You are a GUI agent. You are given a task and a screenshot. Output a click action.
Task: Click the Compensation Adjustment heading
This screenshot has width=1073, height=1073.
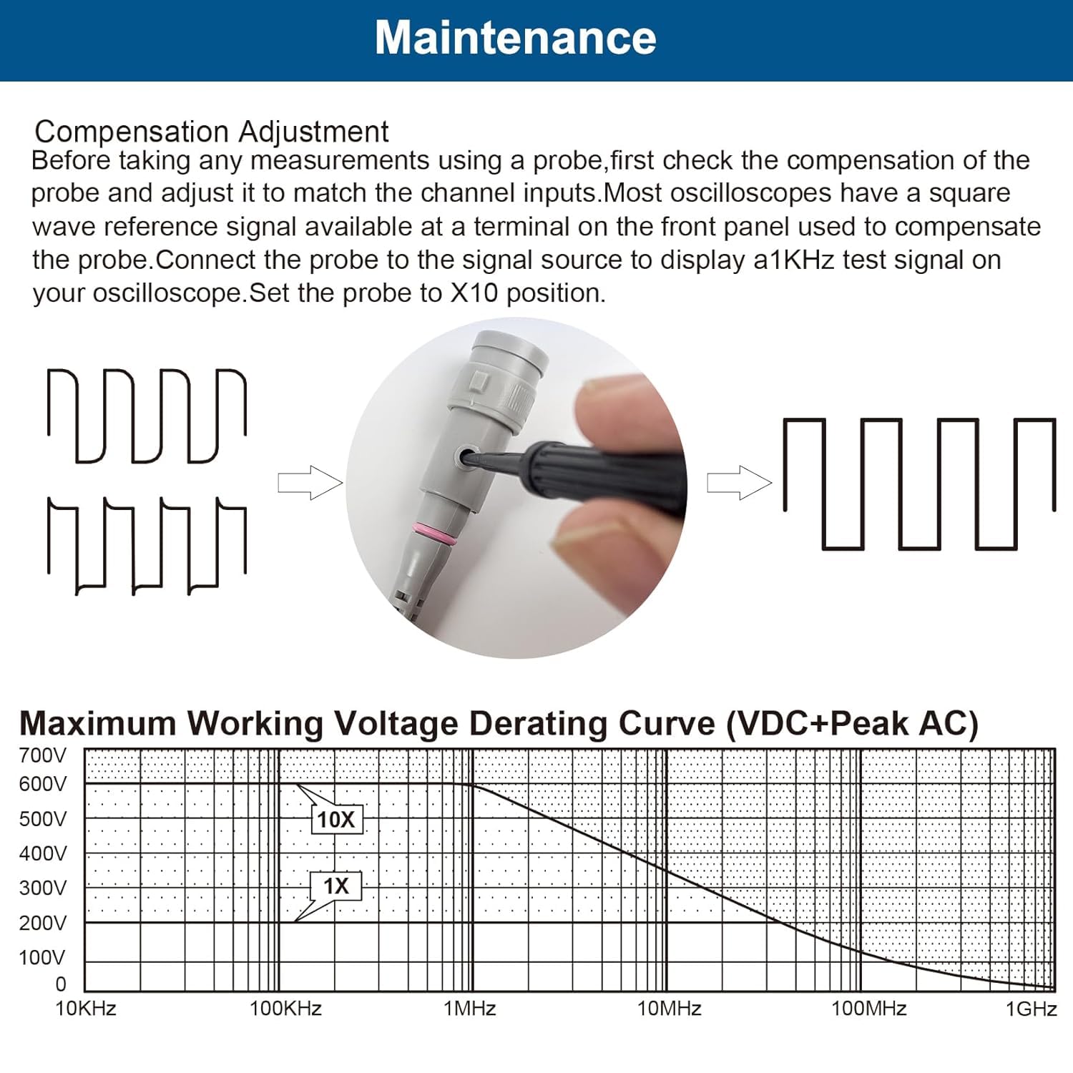pos(211,132)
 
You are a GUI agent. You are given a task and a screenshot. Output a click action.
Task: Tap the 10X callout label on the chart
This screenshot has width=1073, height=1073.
pos(336,820)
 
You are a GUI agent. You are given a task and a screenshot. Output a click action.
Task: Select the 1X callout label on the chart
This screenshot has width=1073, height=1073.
pos(335,886)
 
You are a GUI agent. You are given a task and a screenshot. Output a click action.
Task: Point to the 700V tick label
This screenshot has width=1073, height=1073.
pos(42,755)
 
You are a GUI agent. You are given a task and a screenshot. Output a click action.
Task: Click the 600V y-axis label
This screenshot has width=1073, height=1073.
pos(42,785)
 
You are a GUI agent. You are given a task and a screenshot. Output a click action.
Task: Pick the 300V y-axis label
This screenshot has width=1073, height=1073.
pos(42,888)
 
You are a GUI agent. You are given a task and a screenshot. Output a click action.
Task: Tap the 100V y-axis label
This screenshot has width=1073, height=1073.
pos(42,958)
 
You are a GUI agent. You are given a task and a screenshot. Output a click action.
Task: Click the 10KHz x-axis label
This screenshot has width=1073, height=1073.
pos(86,1009)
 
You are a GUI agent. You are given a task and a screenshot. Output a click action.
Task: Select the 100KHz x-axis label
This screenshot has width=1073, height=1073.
pos(285,1009)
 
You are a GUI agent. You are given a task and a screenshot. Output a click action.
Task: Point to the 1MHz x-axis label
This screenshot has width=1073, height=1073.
pos(469,1009)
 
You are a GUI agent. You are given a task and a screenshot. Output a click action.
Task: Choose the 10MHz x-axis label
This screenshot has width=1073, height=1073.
pos(669,1009)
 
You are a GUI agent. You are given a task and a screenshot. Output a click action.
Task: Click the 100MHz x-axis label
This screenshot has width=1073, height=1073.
pos(868,1009)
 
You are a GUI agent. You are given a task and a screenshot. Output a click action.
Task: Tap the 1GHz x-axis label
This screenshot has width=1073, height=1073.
pos(1031,1009)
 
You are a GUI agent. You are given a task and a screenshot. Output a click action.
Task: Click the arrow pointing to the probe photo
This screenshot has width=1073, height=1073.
pos(310,483)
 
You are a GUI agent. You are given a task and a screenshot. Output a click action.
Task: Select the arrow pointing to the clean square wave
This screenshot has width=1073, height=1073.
pos(739,483)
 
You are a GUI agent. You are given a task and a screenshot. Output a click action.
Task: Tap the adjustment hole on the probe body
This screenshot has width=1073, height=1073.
pos(469,457)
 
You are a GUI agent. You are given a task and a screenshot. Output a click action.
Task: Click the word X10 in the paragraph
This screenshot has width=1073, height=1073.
pos(474,293)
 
